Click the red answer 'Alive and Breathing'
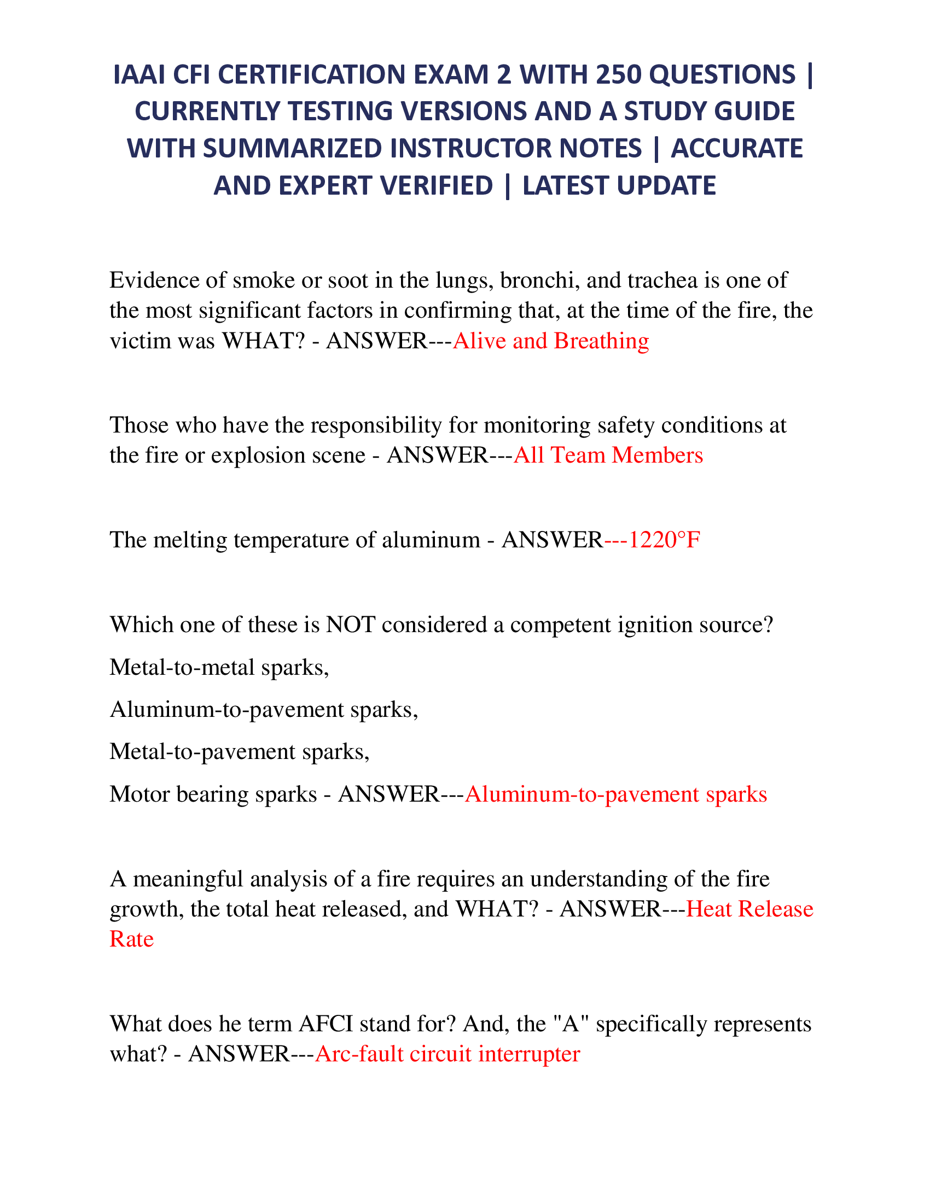[550, 341]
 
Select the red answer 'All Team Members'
[608, 455]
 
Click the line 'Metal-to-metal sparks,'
[219, 667]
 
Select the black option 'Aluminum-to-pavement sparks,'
[264, 709]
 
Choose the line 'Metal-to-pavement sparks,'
[240, 752]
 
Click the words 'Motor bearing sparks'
[213, 795]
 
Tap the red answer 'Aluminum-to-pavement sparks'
[615, 795]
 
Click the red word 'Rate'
[132, 939]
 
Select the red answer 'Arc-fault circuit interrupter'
[447, 1054]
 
